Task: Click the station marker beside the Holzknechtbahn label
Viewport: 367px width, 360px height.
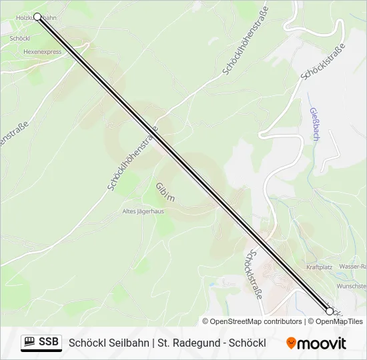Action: pyautogui.click(x=37, y=17)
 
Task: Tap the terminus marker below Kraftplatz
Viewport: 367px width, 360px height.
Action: pyautogui.click(x=329, y=311)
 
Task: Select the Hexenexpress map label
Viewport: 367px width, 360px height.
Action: pyautogui.click(x=42, y=51)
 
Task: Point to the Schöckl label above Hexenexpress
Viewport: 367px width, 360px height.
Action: pyautogui.click(x=19, y=39)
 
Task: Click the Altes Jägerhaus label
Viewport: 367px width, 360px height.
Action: pyautogui.click(x=143, y=211)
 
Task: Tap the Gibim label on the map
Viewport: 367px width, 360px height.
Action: pyautogui.click(x=165, y=191)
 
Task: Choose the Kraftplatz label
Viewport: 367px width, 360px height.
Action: pyautogui.click(x=319, y=267)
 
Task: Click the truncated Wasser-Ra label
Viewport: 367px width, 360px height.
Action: pyautogui.click(x=352, y=267)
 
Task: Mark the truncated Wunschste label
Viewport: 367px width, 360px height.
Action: pyautogui.click(x=351, y=285)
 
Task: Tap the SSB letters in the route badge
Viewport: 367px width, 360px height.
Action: pyautogui.click(x=48, y=343)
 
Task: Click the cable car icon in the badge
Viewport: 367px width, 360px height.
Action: pyautogui.click(x=29, y=343)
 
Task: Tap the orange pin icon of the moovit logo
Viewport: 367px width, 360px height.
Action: pyautogui.click(x=291, y=343)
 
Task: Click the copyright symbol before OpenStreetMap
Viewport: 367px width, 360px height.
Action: pyautogui.click(x=206, y=321)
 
